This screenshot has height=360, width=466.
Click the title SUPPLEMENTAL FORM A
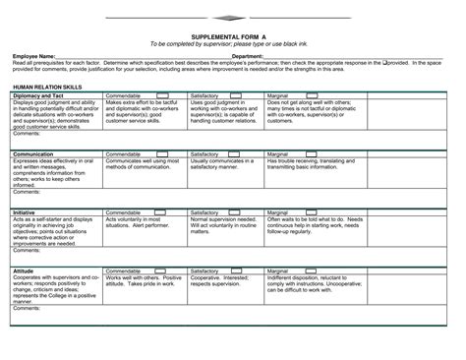click(234, 33)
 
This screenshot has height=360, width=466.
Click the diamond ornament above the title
click(232, 18)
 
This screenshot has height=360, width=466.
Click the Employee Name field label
click(34, 57)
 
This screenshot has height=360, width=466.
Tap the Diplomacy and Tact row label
click(38, 95)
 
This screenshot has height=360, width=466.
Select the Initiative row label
click(25, 212)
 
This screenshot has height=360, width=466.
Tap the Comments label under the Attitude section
click(28, 308)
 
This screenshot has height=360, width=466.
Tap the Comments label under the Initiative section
click(28, 249)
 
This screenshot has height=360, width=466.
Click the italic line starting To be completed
click(233, 43)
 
